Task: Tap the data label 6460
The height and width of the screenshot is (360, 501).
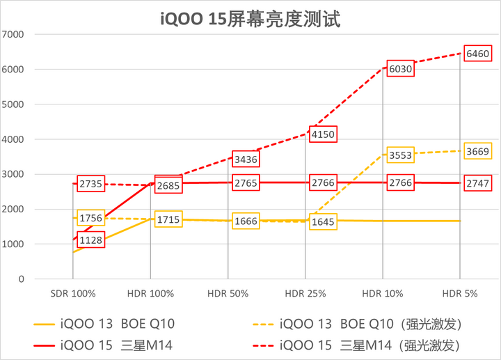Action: tap(478, 54)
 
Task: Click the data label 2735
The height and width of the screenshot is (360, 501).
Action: tap(90, 184)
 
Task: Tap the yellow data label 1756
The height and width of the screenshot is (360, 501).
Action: tap(90, 218)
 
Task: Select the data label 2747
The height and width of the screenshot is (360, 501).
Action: tap(478, 182)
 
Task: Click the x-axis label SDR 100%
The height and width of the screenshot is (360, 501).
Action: tap(74, 294)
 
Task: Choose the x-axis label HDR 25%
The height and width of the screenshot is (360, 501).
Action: tap(306, 294)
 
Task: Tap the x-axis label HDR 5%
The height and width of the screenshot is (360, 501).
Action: tap(460, 294)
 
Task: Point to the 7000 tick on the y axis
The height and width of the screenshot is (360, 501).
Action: tap(13, 35)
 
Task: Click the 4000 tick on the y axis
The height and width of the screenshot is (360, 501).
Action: tap(13, 139)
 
